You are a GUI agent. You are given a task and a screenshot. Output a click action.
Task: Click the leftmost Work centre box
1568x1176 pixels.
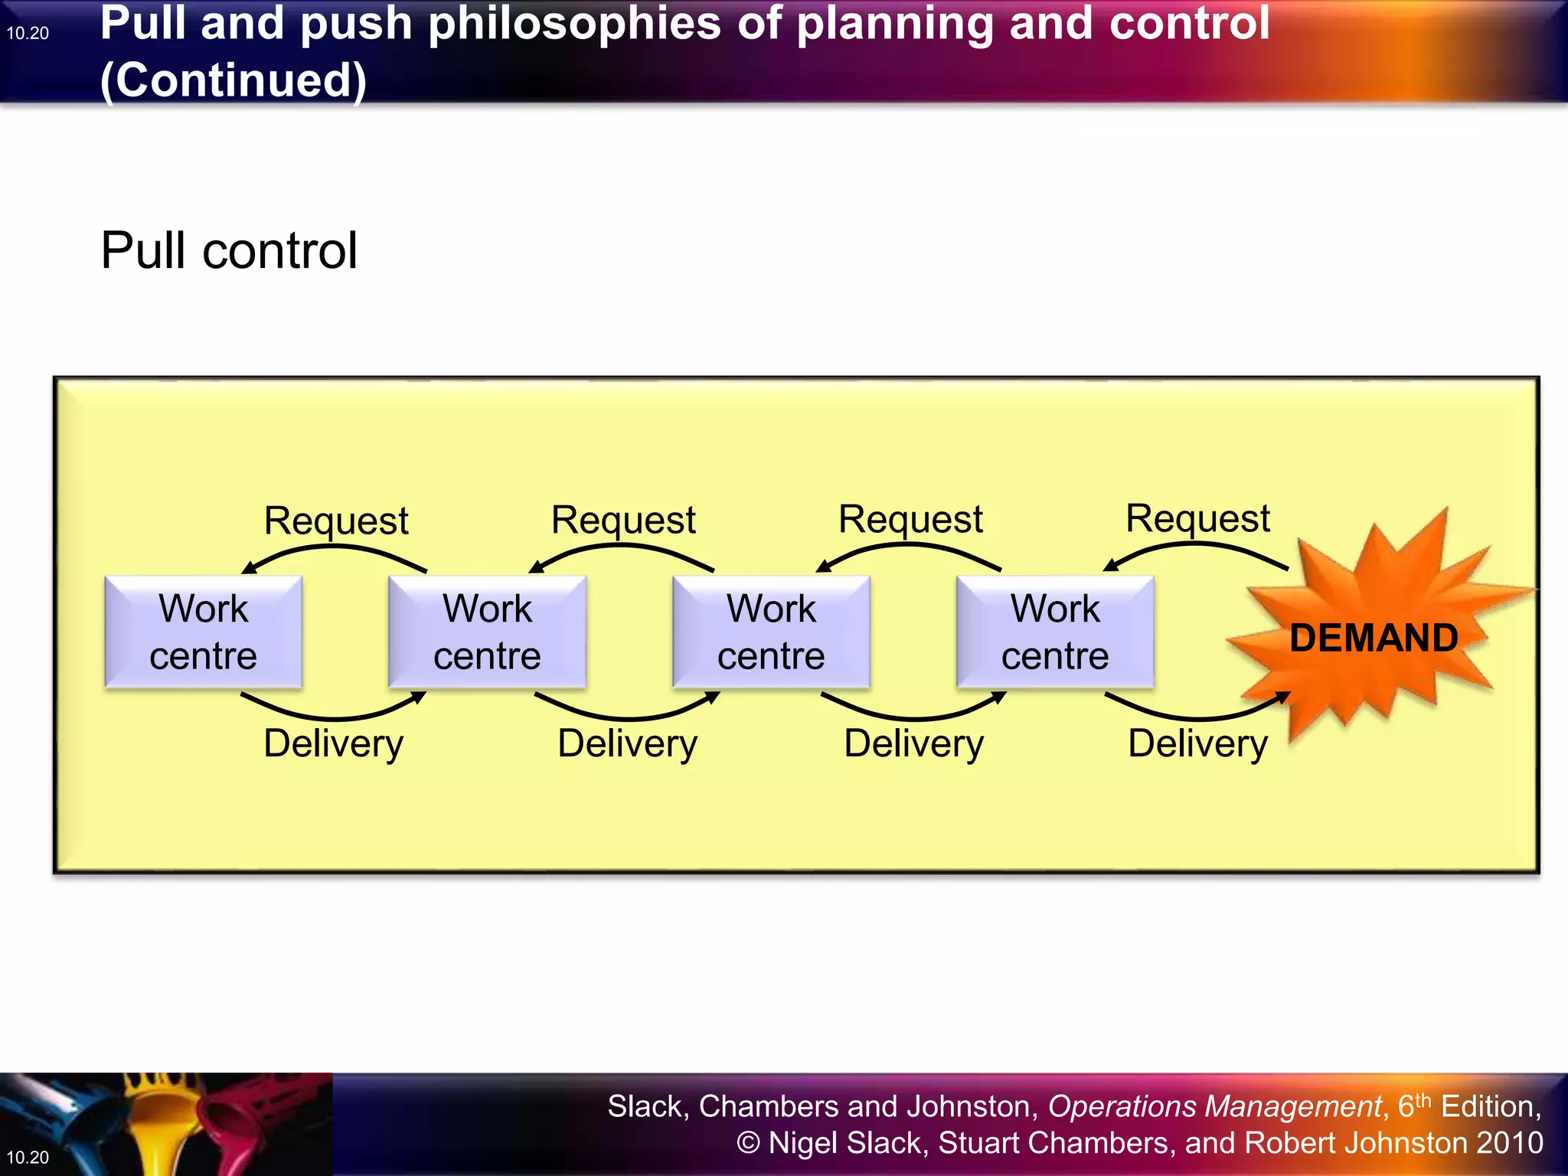203,632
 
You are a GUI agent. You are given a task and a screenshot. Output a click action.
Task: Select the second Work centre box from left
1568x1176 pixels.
487,632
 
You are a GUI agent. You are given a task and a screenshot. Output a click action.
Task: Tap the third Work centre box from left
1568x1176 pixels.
771,632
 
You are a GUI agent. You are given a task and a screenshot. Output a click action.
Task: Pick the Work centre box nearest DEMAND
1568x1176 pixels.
1055,632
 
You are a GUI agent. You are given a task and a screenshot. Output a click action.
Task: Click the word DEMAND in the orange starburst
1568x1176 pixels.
1374,638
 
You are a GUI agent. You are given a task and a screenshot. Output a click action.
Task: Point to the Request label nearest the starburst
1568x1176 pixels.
1197,519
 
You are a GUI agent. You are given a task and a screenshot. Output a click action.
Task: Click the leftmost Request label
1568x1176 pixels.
336,521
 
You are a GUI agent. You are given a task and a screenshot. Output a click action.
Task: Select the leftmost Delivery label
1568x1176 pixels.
333,743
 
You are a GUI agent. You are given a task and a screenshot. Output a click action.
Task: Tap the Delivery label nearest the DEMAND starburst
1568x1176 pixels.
1197,743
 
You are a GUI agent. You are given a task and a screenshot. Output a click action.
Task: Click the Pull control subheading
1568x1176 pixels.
229,250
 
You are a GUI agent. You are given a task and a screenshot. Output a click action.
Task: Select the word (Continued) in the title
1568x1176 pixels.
234,80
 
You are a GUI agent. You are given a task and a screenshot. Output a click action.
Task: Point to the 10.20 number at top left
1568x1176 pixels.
28,33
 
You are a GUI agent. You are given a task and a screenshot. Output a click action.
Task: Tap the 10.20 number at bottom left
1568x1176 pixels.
28,1157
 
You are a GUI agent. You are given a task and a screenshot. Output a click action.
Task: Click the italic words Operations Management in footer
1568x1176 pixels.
1214,1106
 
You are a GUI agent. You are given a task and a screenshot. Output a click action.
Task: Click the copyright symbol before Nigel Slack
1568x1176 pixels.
748,1143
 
